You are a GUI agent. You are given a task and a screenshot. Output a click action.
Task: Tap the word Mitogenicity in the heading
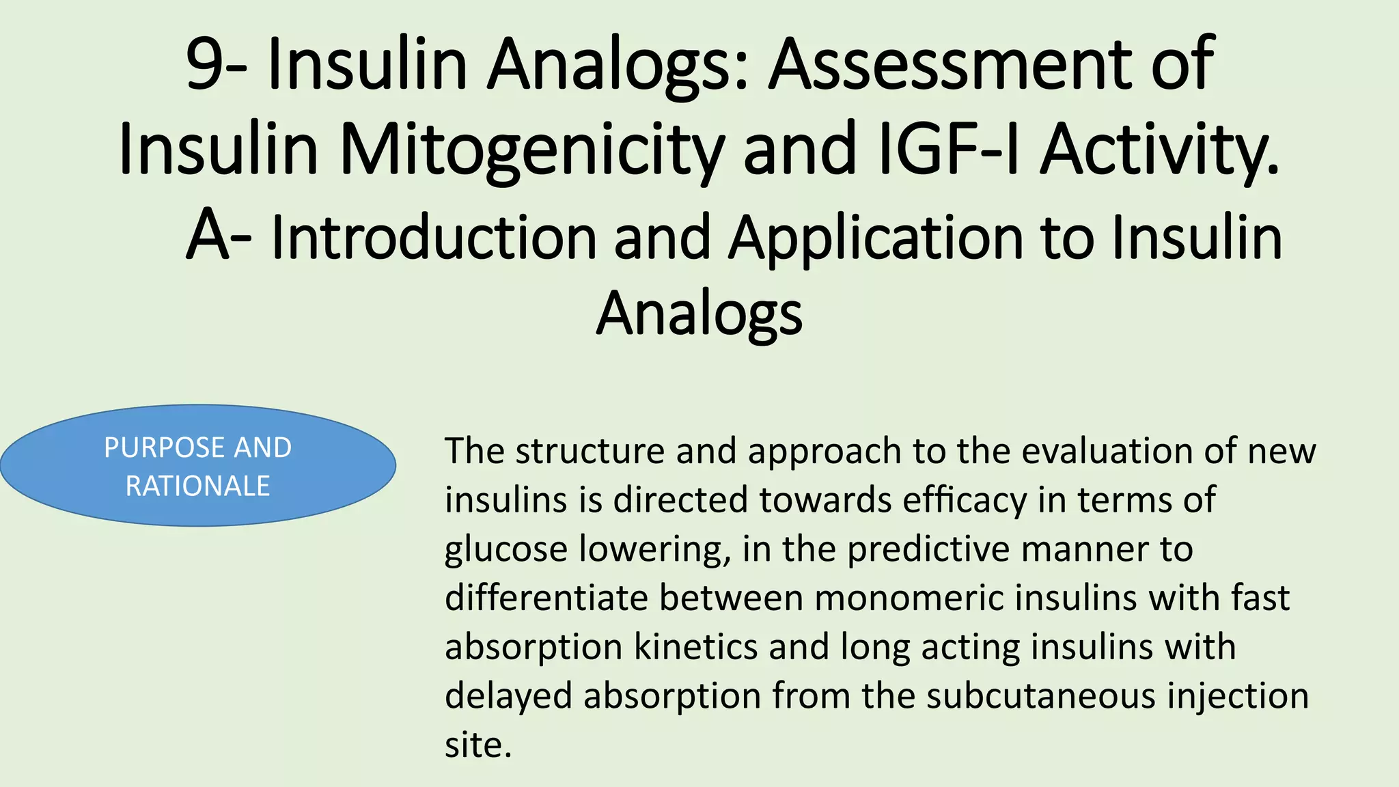[x=530, y=150]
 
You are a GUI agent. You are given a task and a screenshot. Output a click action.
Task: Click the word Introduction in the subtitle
[x=434, y=237]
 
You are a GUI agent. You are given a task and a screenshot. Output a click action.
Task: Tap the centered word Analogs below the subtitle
[x=699, y=313]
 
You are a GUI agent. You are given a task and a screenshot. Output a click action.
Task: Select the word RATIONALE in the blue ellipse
[x=197, y=486]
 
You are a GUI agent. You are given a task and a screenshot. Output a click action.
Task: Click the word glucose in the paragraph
[x=505, y=549]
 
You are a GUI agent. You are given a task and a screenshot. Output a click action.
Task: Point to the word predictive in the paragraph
[x=928, y=549]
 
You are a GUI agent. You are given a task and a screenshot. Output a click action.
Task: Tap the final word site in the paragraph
[x=477, y=745]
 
